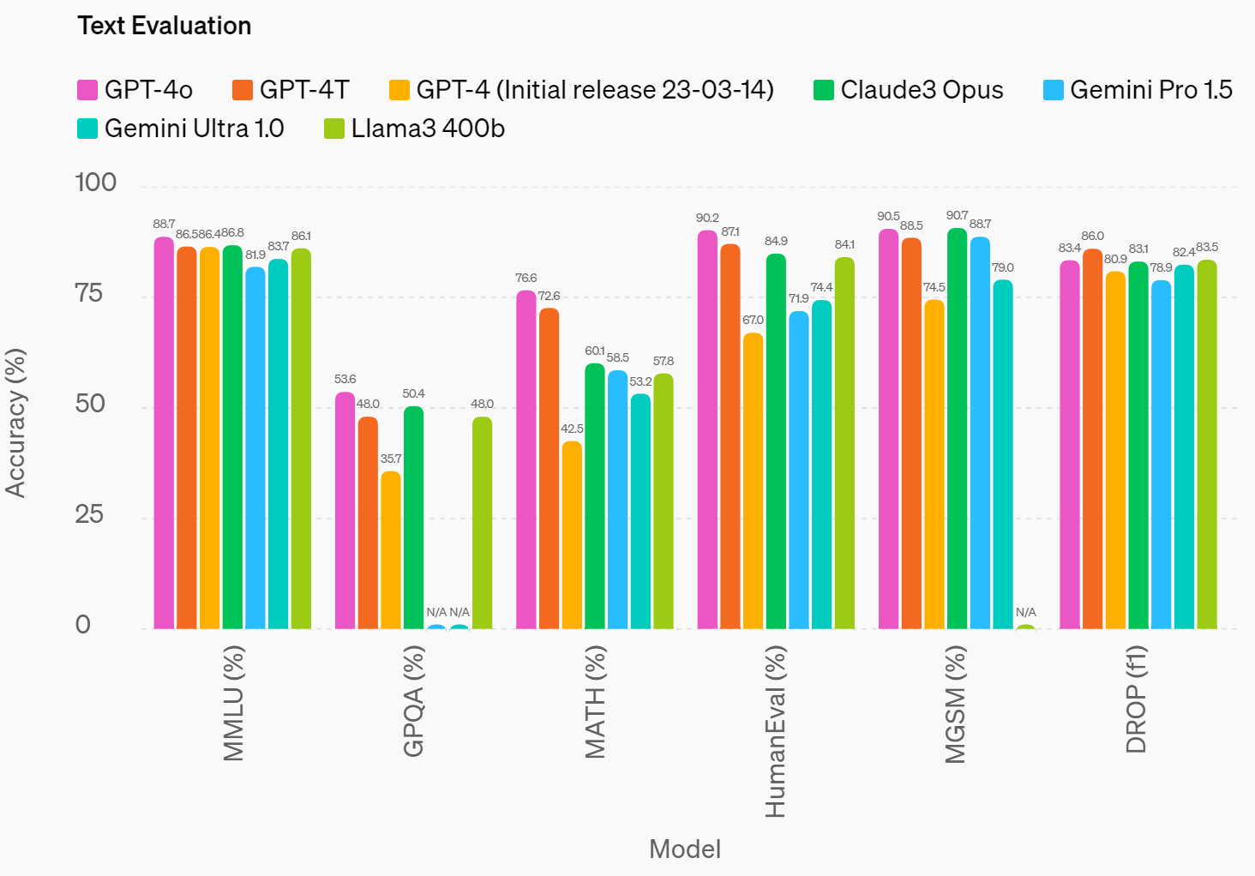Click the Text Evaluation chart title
[165, 26]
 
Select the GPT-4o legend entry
[135, 90]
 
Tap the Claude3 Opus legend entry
[909, 90]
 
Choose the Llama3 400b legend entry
[415, 129]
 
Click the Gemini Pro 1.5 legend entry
[1138, 90]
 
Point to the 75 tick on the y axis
[89, 294]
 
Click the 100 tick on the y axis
[95, 183]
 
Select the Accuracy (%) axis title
[15, 423]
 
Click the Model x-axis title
[685, 849]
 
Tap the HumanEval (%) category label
[775, 731]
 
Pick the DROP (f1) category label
[1137, 699]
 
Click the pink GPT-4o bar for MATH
[525, 459]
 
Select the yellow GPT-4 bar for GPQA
[391, 549]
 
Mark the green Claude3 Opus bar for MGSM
[958, 429]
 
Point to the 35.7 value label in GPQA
[391, 459]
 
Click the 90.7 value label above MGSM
[958, 216]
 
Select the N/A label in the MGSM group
[1026, 612]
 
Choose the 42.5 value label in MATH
[572, 429]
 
